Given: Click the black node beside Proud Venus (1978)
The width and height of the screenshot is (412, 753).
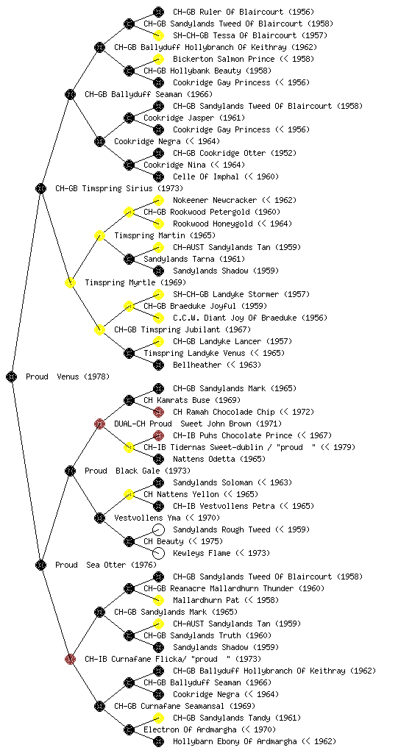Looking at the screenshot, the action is [x=12, y=376].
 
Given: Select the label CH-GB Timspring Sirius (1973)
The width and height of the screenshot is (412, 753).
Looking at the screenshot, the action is [x=119, y=188].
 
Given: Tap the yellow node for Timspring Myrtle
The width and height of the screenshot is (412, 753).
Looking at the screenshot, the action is [x=70, y=282].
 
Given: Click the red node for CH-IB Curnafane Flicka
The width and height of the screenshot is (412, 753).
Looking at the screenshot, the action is [x=70, y=659].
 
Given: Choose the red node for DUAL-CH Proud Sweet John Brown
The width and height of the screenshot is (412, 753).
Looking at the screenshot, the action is [x=99, y=424].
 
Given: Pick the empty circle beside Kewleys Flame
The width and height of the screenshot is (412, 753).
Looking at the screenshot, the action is [x=158, y=553].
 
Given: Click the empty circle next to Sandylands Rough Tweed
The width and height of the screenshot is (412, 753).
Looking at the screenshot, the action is [x=158, y=529].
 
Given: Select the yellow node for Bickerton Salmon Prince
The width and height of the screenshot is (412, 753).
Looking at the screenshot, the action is [x=158, y=59].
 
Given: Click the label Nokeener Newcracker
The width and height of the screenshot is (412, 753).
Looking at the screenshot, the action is [x=215, y=200].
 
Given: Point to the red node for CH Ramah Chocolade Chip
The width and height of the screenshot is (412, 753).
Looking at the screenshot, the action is [x=158, y=412].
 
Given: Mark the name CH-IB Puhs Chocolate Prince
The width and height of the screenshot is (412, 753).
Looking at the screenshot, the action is [x=232, y=435].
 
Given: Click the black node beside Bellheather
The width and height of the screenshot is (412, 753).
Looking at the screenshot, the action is [x=158, y=365].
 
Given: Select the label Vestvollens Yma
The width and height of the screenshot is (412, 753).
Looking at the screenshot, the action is [x=147, y=518].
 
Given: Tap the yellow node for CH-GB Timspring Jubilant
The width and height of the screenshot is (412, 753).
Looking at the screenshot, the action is [x=99, y=329].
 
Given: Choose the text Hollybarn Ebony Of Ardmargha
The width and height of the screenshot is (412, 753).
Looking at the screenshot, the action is [x=235, y=741].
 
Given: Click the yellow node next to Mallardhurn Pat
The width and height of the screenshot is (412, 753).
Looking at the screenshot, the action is [x=158, y=600].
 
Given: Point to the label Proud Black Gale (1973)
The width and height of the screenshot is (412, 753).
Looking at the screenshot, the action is [x=138, y=471].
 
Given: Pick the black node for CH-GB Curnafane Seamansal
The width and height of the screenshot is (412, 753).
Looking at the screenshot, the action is [x=99, y=706].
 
